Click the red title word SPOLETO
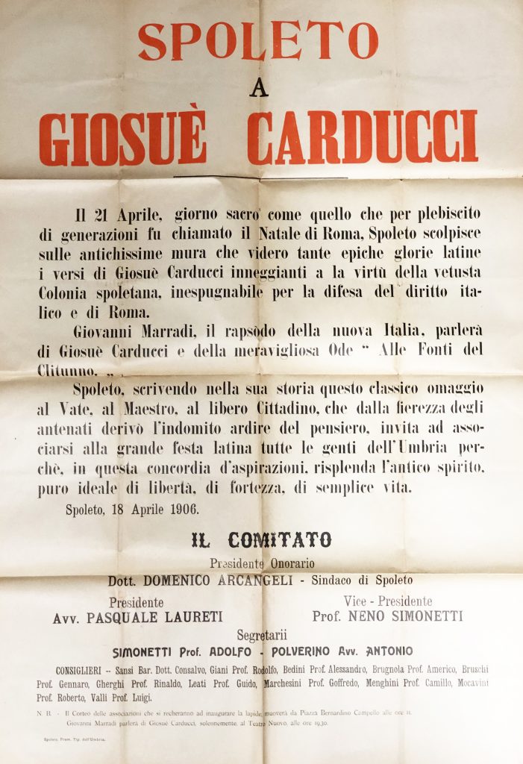tap(258, 40)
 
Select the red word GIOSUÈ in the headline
tap(122, 139)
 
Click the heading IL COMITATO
tap(261, 539)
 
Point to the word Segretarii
tap(261, 636)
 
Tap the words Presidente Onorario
tap(262, 564)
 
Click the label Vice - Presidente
tap(387, 601)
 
